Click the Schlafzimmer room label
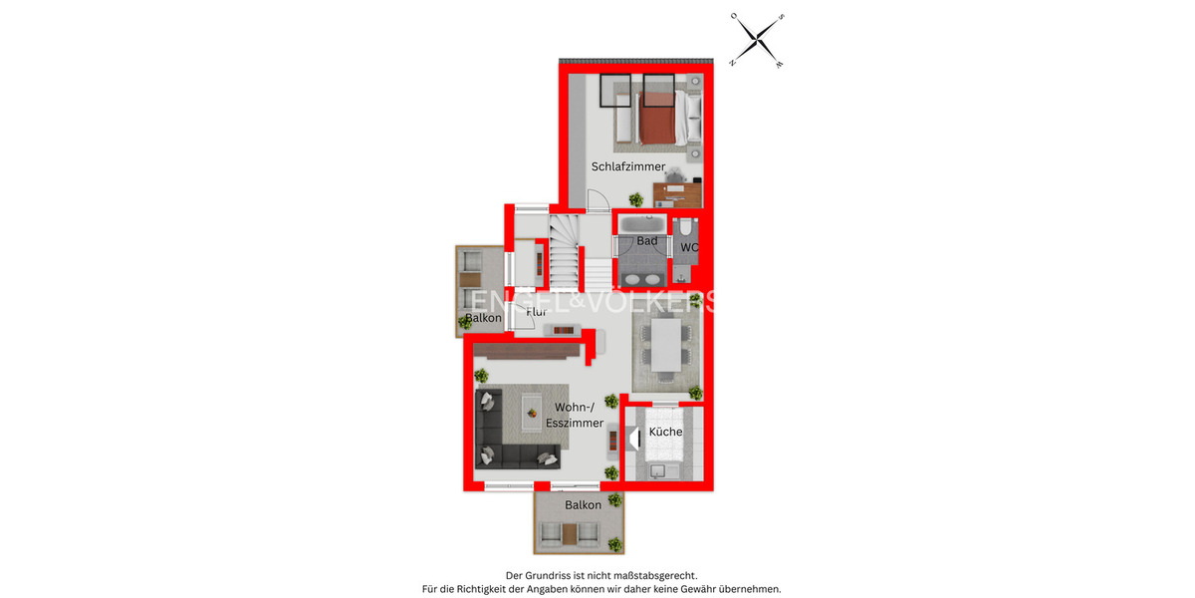coord(627,166)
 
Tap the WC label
coord(688,246)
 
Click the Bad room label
coord(647,241)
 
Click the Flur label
coord(537,312)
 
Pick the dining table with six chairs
coord(662,343)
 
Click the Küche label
coord(665,432)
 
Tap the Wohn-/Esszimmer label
coord(580,415)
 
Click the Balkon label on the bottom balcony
coord(583,505)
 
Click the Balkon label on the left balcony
coord(483,319)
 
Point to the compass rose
coord(758,39)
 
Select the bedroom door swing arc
coord(600,202)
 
